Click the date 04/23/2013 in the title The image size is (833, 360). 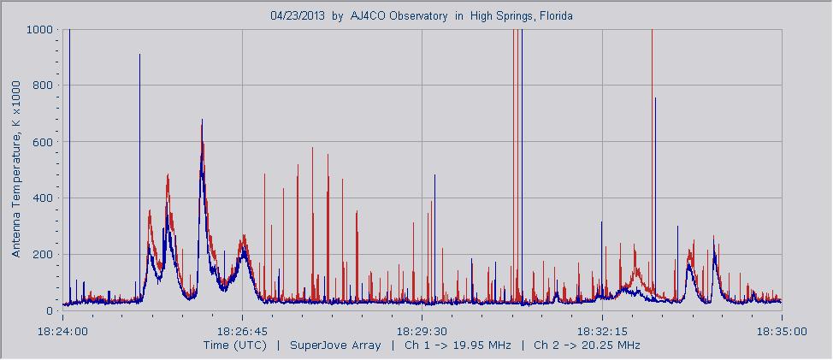(x=297, y=15)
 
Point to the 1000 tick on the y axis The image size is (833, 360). (x=41, y=29)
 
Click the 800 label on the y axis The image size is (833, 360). (x=44, y=86)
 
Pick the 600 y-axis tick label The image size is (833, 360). (x=44, y=142)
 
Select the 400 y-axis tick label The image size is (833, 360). (x=44, y=198)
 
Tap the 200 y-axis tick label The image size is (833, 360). (x=44, y=255)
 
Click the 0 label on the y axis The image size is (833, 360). (x=50, y=311)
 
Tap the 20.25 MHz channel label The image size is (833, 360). (x=610, y=345)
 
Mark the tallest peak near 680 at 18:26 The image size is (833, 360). (x=202, y=121)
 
